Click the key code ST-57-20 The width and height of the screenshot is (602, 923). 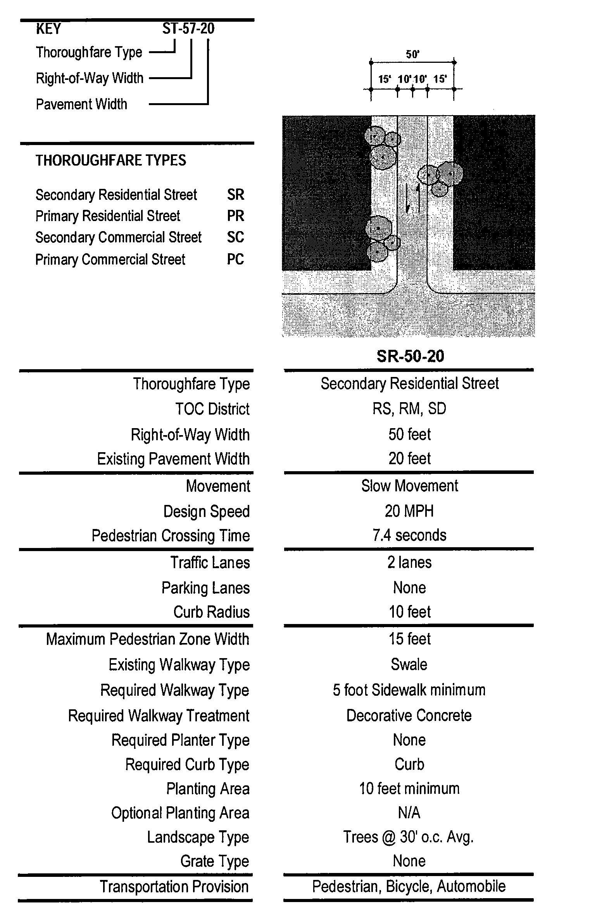coord(188,29)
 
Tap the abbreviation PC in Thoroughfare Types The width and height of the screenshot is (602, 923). coord(235,259)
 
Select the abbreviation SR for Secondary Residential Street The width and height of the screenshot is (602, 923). coord(236,195)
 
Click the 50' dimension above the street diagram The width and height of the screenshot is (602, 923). coord(413,54)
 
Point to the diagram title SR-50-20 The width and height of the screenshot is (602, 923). coord(410,356)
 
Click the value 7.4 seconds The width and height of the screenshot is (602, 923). coord(409,536)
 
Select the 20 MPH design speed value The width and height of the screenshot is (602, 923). coord(409,511)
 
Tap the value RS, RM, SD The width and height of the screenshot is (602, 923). coord(409,409)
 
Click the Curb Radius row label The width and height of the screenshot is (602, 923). coord(211,612)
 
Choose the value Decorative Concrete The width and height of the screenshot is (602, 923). coord(409,716)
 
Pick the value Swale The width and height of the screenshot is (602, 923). coord(409,665)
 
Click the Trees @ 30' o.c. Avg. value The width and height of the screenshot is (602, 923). coord(409,837)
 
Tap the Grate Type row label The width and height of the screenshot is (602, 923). coord(214,861)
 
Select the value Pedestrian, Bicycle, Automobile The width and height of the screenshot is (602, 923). coord(409,887)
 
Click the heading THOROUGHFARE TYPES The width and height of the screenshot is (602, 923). coord(111,160)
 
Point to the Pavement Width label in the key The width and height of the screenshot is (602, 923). coord(81,104)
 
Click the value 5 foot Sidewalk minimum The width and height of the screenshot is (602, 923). coord(409,690)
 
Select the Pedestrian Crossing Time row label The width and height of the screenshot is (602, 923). coord(171,536)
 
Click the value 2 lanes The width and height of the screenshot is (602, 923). coord(409,562)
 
